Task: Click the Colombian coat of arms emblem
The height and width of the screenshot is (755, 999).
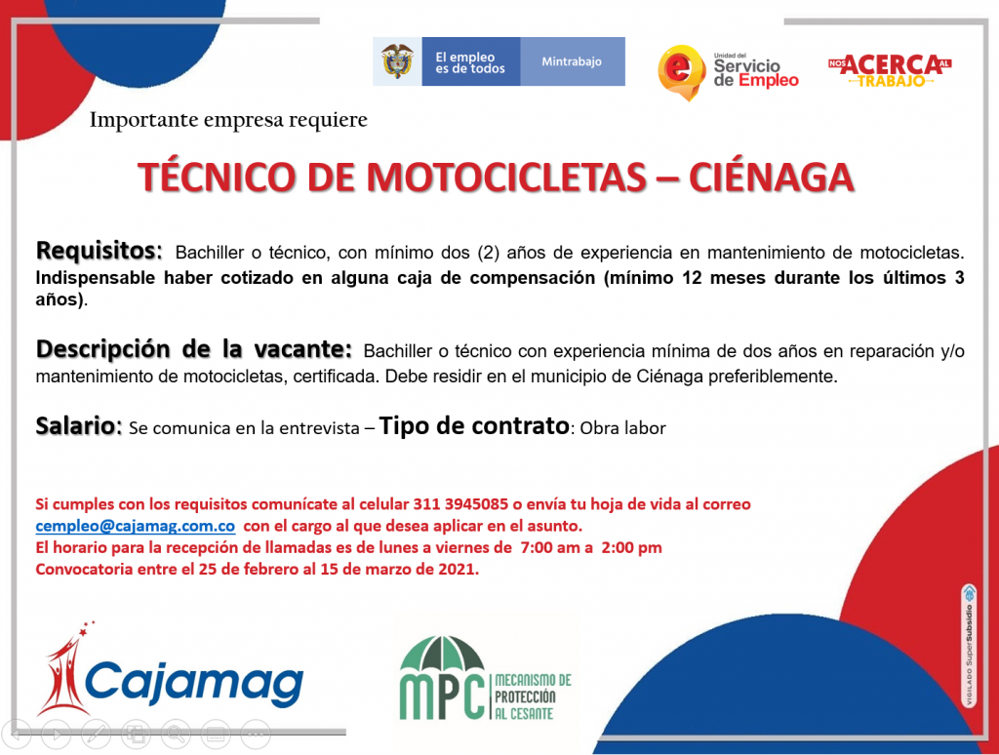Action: pyautogui.click(x=397, y=61)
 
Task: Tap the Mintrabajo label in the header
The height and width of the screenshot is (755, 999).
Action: pyautogui.click(x=572, y=61)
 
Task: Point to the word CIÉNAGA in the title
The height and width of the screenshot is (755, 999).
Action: pyautogui.click(x=771, y=178)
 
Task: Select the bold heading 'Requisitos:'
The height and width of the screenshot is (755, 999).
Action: pyautogui.click(x=100, y=251)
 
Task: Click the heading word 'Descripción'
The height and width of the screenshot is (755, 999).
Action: pyautogui.click(x=103, y=349)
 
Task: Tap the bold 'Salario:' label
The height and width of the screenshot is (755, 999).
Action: pyautogui.click(x=78, y=425)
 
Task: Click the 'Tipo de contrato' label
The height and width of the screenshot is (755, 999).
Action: pyautogui.click(x=474, y=425)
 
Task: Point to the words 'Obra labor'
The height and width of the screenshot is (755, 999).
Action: pyautogui.click(x=622, y=428)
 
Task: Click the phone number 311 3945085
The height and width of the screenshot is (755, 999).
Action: pyautogui.click(x=460, y=504)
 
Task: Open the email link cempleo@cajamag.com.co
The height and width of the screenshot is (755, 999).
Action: pyautogui.click(x=135, y=527)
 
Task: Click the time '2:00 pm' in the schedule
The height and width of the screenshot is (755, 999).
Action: pyautogui.click(x=631, y=548)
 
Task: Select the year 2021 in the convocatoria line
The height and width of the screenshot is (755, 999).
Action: pyautogui.click(x=458, y=569)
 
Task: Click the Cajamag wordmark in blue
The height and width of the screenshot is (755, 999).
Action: pyautogui.click(x=194, y=683)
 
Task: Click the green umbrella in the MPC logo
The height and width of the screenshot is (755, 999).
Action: pyautogui.click(x=442, y=653)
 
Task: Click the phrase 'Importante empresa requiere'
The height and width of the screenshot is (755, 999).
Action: pyautogui.click(x=228, y=120)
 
